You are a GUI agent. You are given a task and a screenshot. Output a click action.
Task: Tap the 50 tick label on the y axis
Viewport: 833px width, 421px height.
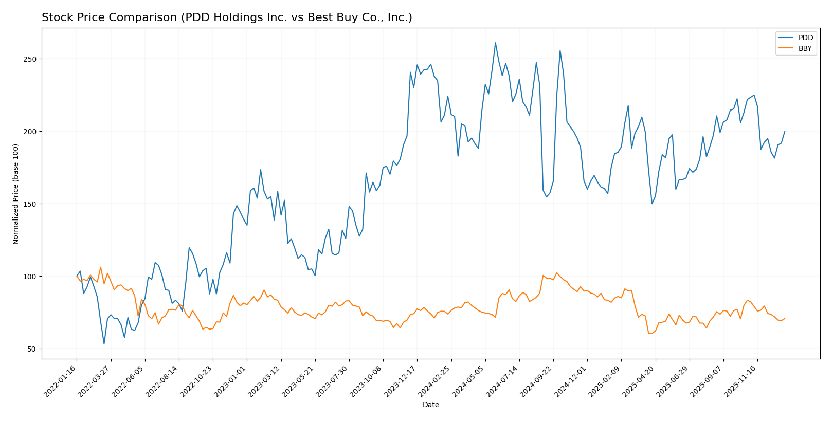[x=32, y=349]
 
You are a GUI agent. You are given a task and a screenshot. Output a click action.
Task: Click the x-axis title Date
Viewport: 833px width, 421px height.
[x=430, y=405]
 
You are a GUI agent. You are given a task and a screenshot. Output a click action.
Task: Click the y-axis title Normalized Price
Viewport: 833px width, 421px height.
[x=16, y=194]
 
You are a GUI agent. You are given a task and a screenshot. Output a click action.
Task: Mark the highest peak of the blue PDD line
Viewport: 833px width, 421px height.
[x=495, y=43]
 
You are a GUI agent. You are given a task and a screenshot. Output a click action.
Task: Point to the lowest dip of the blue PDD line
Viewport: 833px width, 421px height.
[x=104, y=344]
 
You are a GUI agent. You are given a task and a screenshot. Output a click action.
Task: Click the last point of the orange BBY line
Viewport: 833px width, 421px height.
[x=785, y=318]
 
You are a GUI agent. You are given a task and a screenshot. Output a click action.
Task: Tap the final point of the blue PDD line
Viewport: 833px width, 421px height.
[x=785, y=131]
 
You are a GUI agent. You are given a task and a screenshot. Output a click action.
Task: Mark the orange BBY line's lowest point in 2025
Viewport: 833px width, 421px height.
[x=649, y=333]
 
